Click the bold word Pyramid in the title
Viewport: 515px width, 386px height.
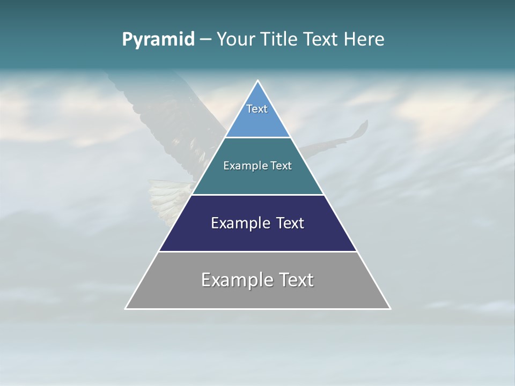158,40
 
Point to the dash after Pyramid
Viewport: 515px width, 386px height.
205,40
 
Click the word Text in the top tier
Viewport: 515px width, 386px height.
257,109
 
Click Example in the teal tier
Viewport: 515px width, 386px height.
240,166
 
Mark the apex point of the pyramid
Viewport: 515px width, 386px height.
257,80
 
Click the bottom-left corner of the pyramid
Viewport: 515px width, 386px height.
126,309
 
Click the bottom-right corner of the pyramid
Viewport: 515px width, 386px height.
390,309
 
